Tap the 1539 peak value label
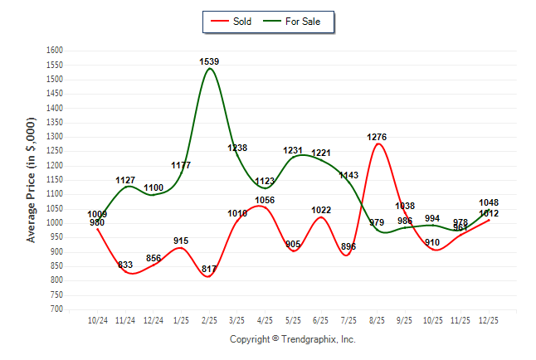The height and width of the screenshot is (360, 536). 209,61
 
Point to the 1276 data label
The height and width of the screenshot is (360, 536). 377,137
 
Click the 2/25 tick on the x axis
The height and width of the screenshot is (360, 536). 209,319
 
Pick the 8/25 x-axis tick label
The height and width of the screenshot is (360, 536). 377,319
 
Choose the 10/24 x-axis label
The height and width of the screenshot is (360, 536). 97,319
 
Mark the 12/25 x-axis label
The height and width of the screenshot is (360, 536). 489,319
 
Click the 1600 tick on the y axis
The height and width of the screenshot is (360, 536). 55,51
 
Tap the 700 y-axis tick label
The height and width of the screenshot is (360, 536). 57,309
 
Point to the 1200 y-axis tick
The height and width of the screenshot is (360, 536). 55,166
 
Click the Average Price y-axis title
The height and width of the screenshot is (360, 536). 32,180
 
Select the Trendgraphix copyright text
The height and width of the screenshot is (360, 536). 292,339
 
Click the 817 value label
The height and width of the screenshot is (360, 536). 209,269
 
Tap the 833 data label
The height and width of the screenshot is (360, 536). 125,265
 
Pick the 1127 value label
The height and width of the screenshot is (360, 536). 125,180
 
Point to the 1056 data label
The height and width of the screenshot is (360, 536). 265,200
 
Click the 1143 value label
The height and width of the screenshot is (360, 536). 348,175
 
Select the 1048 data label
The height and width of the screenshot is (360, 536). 489,203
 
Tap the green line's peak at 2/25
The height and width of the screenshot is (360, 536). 209,69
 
